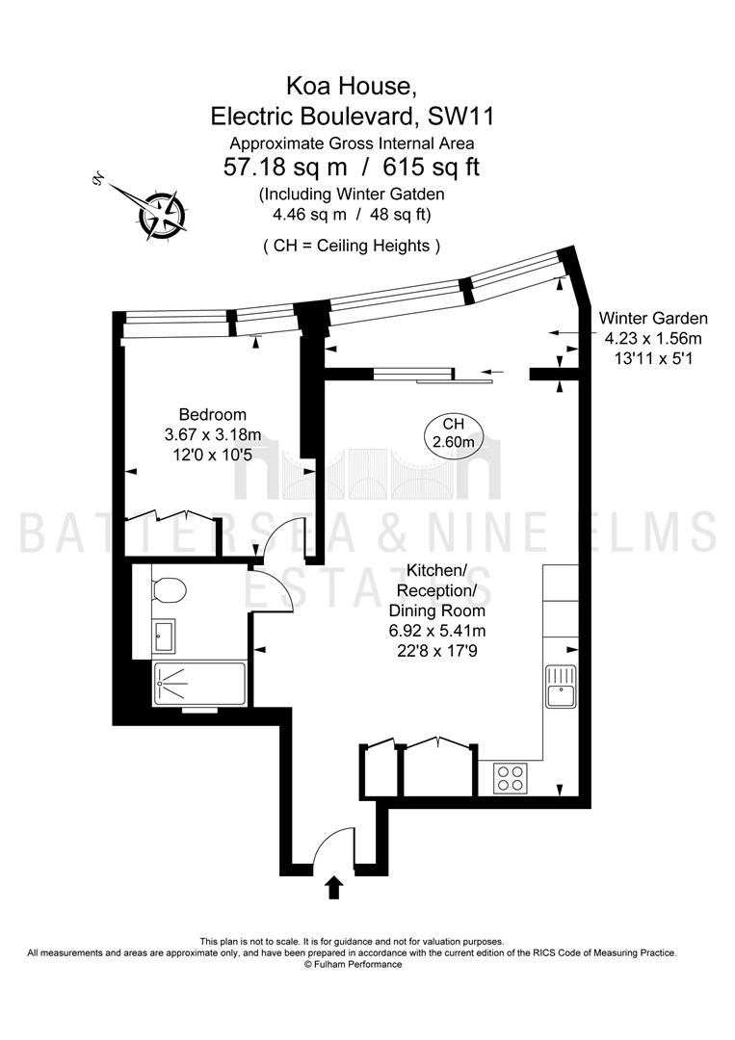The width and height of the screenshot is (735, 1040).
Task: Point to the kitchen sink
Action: (562, 688)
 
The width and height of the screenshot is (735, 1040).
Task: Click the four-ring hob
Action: (511, 777)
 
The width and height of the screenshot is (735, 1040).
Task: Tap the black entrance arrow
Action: (334, 888)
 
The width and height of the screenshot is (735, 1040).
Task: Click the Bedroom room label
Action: (213, 415)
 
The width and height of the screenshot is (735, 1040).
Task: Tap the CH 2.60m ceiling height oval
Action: (454, 432)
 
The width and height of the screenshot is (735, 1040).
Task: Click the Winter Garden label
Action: (653, 319)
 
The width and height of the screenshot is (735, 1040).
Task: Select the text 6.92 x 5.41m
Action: (437, 630)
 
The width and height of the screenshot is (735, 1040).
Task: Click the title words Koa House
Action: (351, 86)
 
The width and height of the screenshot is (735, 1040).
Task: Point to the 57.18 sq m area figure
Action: (285, 167)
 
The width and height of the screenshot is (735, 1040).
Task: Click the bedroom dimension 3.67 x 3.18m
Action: (213, 435)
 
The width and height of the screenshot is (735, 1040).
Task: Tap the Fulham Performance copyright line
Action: (353, 964)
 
